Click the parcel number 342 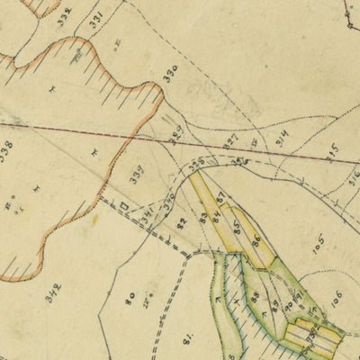pyautogui.click(x=55, y=292)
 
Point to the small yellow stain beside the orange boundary pyautogui.click(x=94, y=219)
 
